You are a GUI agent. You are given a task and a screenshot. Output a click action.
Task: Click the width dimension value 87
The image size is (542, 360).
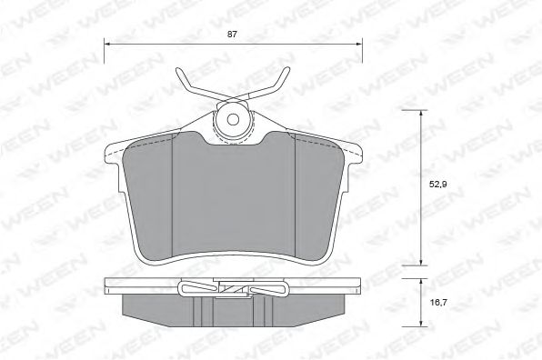[232, 35]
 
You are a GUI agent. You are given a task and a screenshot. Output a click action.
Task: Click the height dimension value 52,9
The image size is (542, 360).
[438, 185]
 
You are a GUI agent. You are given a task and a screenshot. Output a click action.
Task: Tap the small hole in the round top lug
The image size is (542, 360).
[234, 120]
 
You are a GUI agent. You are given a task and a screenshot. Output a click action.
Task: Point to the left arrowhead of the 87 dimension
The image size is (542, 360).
[106, 45]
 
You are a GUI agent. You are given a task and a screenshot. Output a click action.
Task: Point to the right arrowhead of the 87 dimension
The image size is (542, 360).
[359, 45]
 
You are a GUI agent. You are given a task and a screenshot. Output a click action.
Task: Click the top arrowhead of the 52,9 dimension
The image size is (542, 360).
[421, 113]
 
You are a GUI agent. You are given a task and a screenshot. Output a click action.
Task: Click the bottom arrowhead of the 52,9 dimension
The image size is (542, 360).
[421, 263]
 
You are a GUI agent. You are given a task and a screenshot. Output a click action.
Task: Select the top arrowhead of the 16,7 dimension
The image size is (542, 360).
[421, 282]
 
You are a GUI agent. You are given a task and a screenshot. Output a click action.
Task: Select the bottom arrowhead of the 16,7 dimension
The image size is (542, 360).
[421, 324]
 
